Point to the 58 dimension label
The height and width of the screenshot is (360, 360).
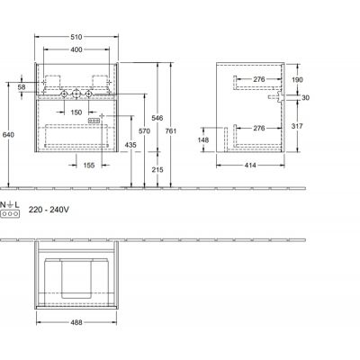coord(22,86)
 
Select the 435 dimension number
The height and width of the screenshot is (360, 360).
coord(131,145)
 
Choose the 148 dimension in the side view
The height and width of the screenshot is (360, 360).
coord(204,139)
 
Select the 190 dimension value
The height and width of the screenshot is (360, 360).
coord(298,79)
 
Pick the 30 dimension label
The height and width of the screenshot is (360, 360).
coord(304,98)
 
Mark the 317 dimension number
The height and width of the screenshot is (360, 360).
coord(298,127)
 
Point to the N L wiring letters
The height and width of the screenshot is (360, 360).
coord(11,207)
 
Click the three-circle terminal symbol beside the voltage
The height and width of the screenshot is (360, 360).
coord(11,216)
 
